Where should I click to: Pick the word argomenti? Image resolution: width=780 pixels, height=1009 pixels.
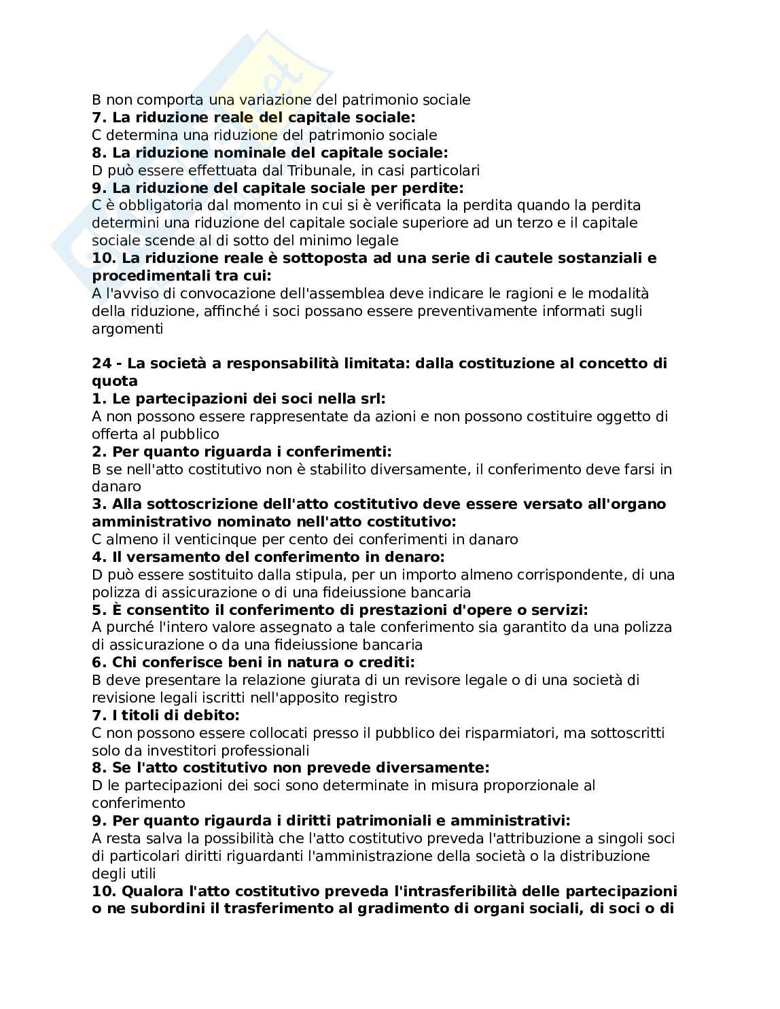pos(128,329)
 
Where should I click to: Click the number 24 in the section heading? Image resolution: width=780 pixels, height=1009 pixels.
pos(101,364)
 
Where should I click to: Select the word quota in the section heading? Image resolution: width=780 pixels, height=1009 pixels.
pos(115,381)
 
